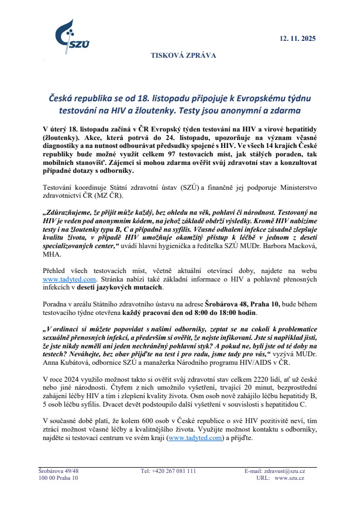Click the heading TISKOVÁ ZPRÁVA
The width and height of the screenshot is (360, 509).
click(x=183, y=55)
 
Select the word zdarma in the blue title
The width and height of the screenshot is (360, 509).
click(x=283, y=111)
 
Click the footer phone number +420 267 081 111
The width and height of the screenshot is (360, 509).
click(x=169, y=471)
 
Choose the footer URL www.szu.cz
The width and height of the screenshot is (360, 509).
click(x=289, y=478)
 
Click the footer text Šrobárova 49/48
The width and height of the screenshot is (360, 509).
click(x=58, y=471)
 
